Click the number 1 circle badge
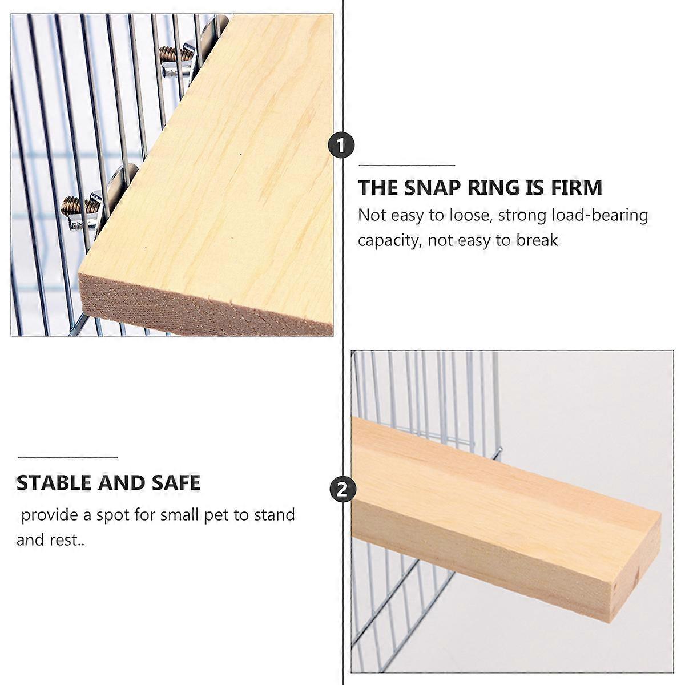pyautogui.click(x=341, y=145)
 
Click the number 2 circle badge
pyautogui.click(x=342, y=490)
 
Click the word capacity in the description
pyautogui.click(x=390, y=241)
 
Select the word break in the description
pyautogui.click(x=537, y=241)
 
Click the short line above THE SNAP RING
pyautogui.click(x=406, y=166)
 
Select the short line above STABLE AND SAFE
pyautogui.click(x=67, y=458)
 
